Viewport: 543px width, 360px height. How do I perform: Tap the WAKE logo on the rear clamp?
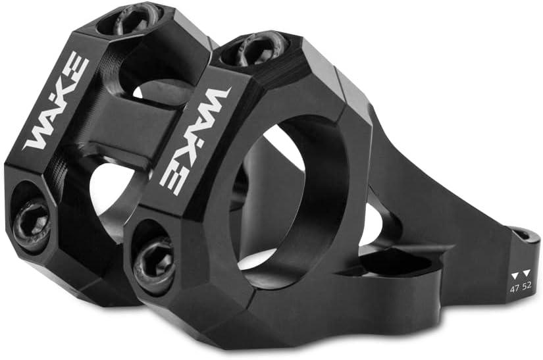coord(57,102)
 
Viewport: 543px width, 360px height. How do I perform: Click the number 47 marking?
coord(514,288)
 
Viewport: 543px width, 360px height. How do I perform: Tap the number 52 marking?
coord(527,288)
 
